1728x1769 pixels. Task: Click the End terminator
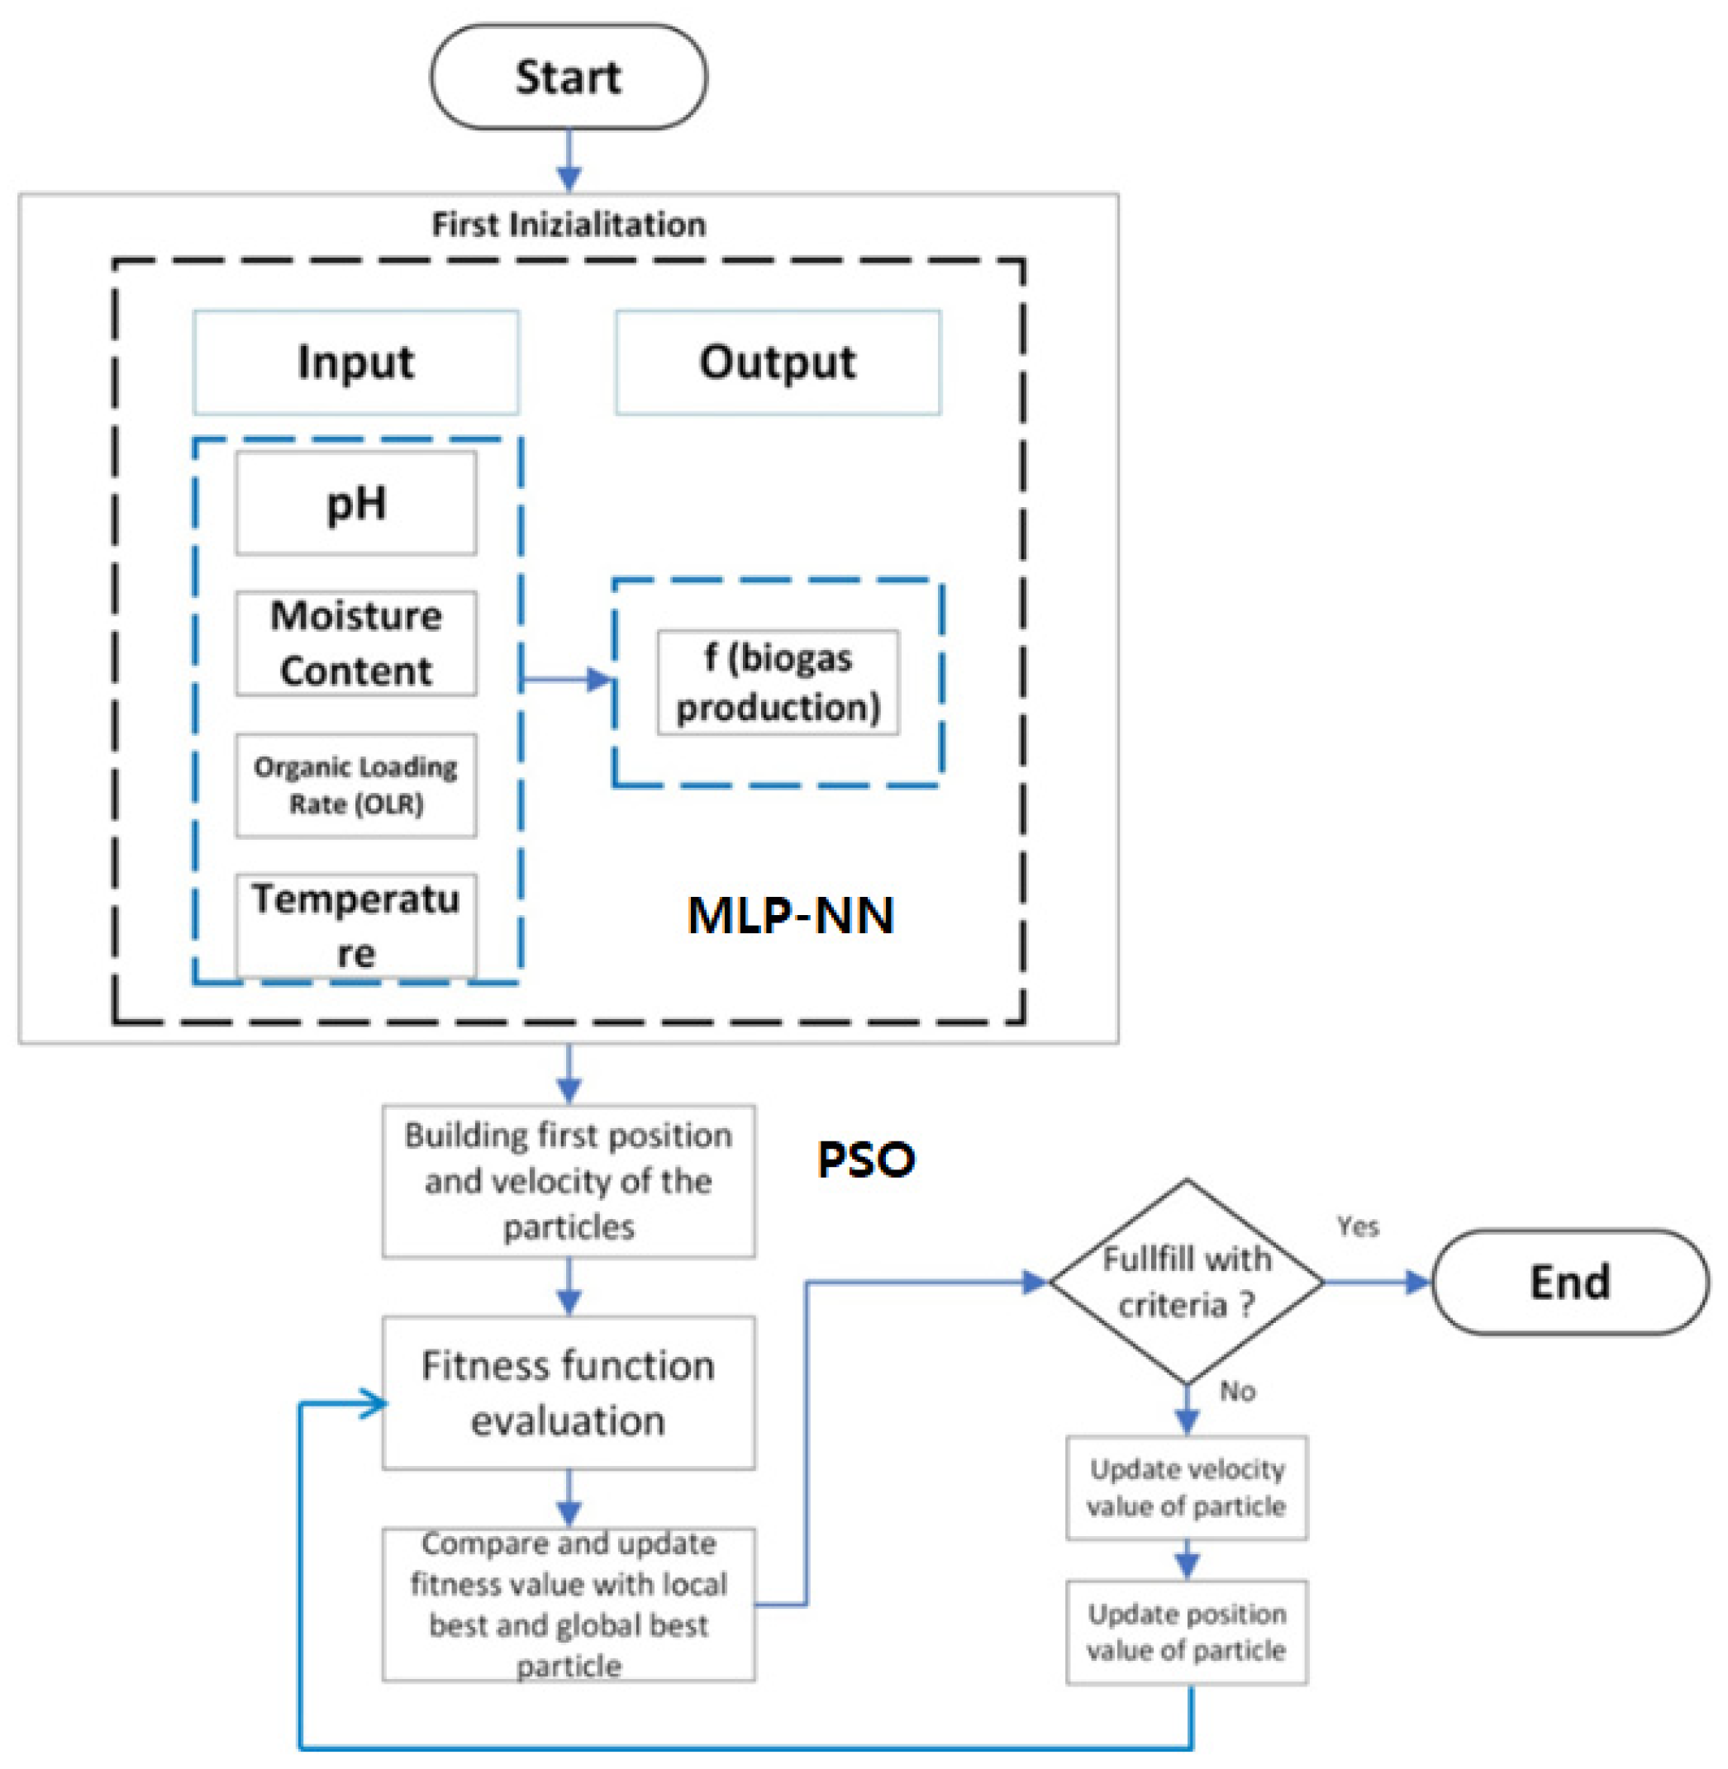[1569, 1282]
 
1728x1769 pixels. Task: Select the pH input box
[355, 504]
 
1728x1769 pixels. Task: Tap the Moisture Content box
[355, 643]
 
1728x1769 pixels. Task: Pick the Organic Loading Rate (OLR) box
[355, 785]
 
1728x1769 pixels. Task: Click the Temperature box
[355, 925]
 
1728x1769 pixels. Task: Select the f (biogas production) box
[778, 682]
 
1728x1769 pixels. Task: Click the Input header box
[355, 363]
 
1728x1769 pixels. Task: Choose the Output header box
[778, 363]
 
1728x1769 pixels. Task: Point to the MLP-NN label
[789, 914]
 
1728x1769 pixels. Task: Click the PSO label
[865, 1160]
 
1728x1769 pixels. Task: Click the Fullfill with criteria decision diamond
[1186, 1282]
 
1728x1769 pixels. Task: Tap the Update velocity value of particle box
[1186, 1487]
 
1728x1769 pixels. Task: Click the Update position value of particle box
[1186, 1632]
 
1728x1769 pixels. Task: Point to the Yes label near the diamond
[1358, 1226]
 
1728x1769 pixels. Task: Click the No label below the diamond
[1237, 1391]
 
